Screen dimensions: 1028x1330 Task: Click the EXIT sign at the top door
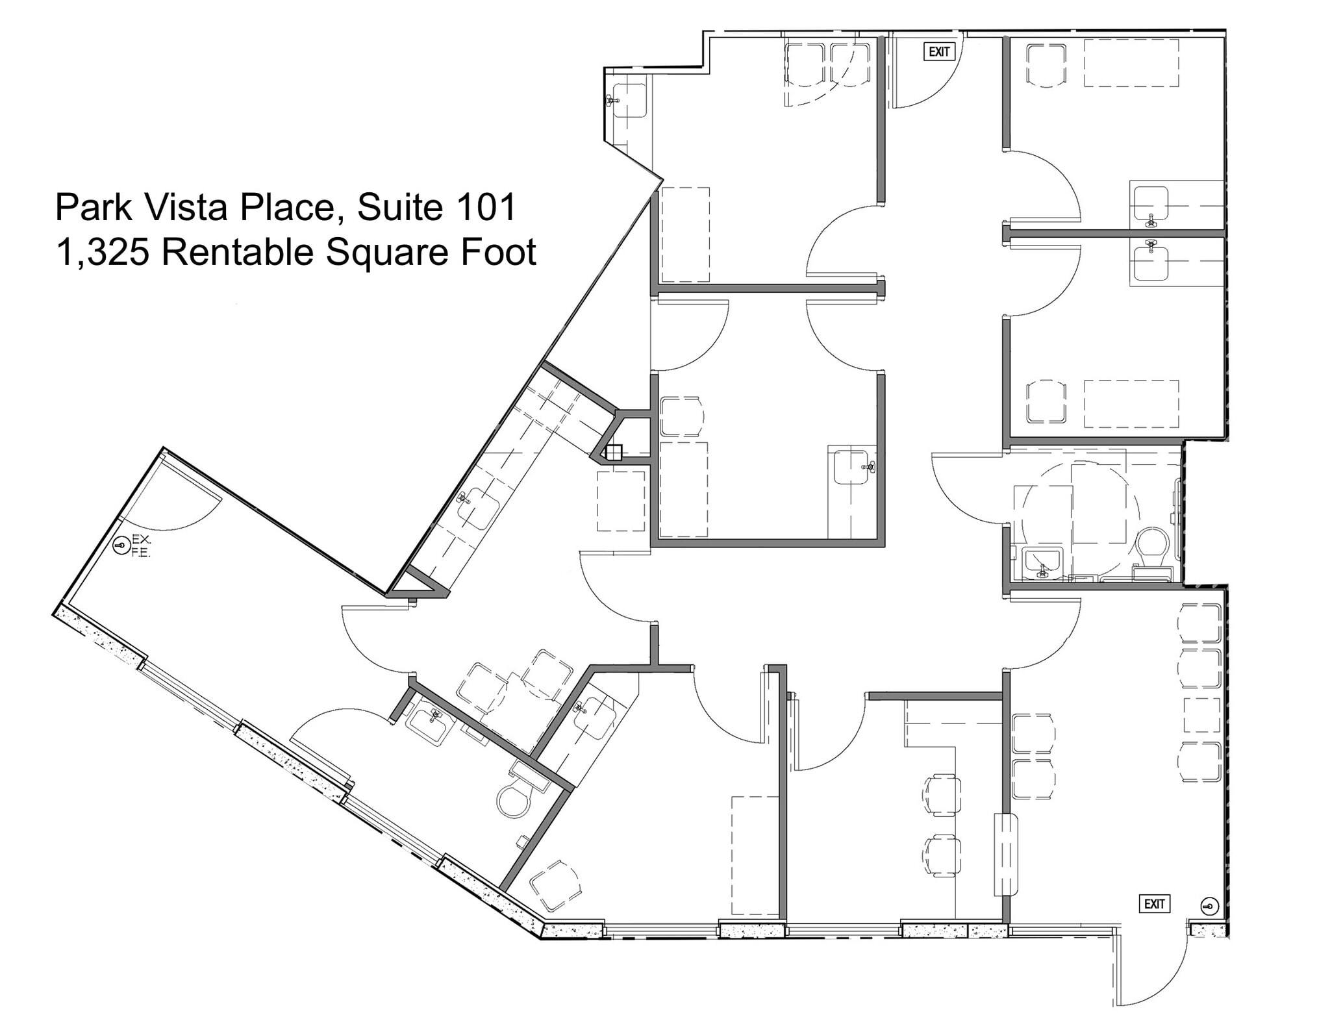click(939, 52)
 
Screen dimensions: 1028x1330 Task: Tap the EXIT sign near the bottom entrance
click(1154, 904)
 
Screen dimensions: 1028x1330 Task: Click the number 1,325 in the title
click(103, 252)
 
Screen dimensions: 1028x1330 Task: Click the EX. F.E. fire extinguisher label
click(141, 545)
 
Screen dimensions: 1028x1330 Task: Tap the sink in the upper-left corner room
click(629, 101)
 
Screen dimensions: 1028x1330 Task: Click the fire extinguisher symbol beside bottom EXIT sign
click(1209, 907)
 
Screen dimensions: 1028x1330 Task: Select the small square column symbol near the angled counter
click(614, 452)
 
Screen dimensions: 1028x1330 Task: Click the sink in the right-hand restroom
click(1042, 562)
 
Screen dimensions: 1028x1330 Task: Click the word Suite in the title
click(394, 207)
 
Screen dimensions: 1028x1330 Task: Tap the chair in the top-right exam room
click(1046, 65)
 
